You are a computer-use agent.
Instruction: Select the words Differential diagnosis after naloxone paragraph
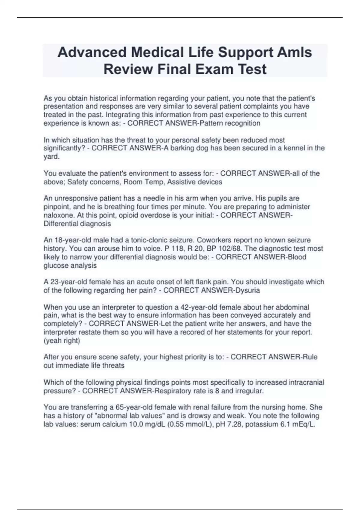[x=77, y=223]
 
